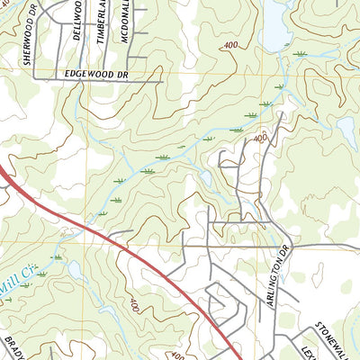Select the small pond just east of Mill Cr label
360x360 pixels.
click(74, 268)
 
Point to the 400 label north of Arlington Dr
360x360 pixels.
click(260, 138)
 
